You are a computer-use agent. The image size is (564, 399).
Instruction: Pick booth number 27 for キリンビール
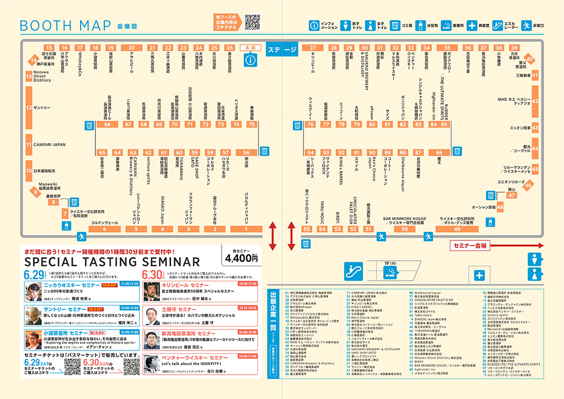(x=313, y=48)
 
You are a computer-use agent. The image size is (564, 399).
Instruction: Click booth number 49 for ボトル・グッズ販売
(x=457, y=229)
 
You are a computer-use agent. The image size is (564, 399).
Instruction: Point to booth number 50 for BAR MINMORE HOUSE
(x=404, y=229)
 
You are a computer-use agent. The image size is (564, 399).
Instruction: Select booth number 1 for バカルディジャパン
(x=246, y=229)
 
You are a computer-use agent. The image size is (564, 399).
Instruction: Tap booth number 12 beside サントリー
(x=28, y=106)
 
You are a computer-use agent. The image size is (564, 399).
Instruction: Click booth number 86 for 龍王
(x=439, y=152)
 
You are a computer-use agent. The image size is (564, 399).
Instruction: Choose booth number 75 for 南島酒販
(x=252, y=124)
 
